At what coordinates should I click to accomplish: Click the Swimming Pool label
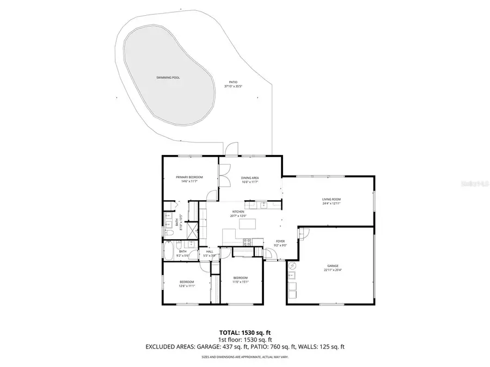(168, 78)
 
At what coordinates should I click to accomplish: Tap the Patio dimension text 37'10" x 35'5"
(233, 86)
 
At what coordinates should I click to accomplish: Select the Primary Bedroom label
(189, 177)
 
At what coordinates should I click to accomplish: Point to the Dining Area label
(249, 178)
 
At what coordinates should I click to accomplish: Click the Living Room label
(331, 200)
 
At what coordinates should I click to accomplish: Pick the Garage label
(333, 266)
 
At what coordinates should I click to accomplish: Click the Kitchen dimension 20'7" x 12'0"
(238, 216)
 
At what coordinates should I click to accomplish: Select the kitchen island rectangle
(248, 224)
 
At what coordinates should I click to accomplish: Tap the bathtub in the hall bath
(169, 252)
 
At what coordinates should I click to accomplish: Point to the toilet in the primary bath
(169, 233)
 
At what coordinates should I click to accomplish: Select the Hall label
(210, 252)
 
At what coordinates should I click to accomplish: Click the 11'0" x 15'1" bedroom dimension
(241, 282)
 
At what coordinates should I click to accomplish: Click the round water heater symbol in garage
(292, 266)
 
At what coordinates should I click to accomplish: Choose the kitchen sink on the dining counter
(262, 205)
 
